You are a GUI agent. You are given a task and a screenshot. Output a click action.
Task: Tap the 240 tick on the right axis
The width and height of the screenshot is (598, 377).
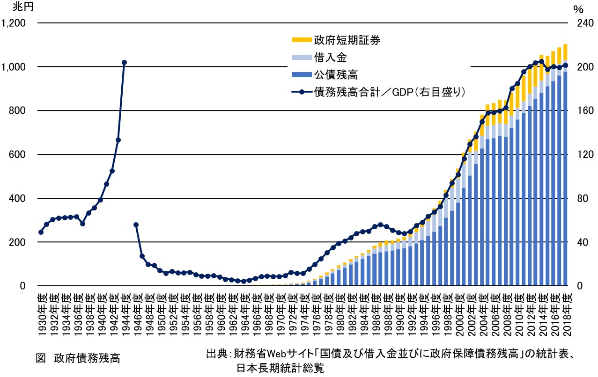(x=579, y=23)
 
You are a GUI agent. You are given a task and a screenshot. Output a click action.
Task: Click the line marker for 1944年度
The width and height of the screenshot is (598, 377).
(x=124, y=62)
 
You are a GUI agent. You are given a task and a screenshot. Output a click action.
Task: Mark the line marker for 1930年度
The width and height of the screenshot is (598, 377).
(x=41, y=232)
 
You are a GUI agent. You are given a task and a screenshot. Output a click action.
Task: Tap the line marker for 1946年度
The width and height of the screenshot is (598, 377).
(x=136, y=225)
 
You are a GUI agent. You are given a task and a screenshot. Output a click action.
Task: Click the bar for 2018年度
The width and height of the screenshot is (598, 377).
(x=565, y=178)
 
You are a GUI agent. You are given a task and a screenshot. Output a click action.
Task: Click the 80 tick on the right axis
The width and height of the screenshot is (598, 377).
(x=577, y=198)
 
